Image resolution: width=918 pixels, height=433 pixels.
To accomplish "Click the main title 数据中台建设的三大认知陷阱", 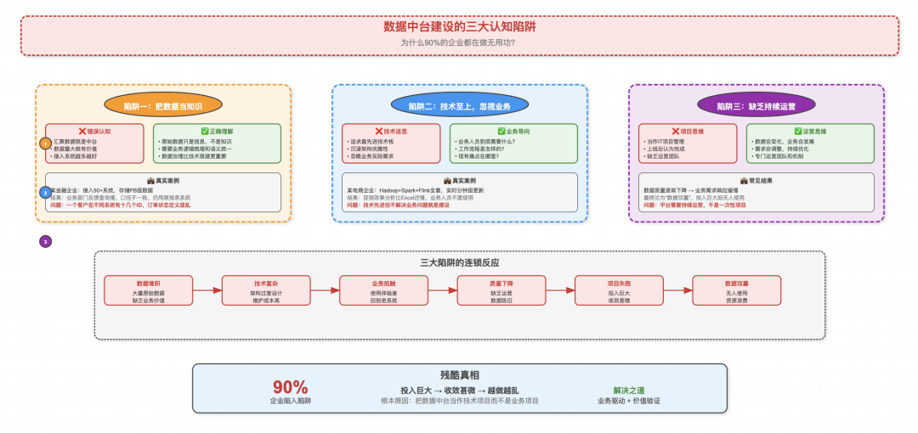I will click(x=459, y=26).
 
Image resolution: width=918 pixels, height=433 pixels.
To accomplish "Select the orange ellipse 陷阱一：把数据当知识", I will click(x=162, y=105).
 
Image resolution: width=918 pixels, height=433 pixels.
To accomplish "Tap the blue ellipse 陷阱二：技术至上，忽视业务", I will click(x=459, y=105).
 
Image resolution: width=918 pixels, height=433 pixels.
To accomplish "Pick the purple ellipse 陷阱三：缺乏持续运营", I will click(x=756, y=105).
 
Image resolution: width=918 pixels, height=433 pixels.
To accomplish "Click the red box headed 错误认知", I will click(x=94, y=143).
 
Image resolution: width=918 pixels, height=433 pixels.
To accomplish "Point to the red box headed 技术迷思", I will click(x=391, y=143).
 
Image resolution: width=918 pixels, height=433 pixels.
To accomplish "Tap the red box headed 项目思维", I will click(x=688, y=143).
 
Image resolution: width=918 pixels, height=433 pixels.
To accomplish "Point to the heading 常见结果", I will click(x=756, y=181).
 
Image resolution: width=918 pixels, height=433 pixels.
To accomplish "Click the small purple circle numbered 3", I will click(x=45, y=241).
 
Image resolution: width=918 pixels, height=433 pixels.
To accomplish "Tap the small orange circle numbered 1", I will click(x=45, y=144).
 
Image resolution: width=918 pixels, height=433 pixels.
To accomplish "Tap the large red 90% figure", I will click(x=291, y=387).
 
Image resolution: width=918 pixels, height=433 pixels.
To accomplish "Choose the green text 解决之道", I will click(x=628, y=390).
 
